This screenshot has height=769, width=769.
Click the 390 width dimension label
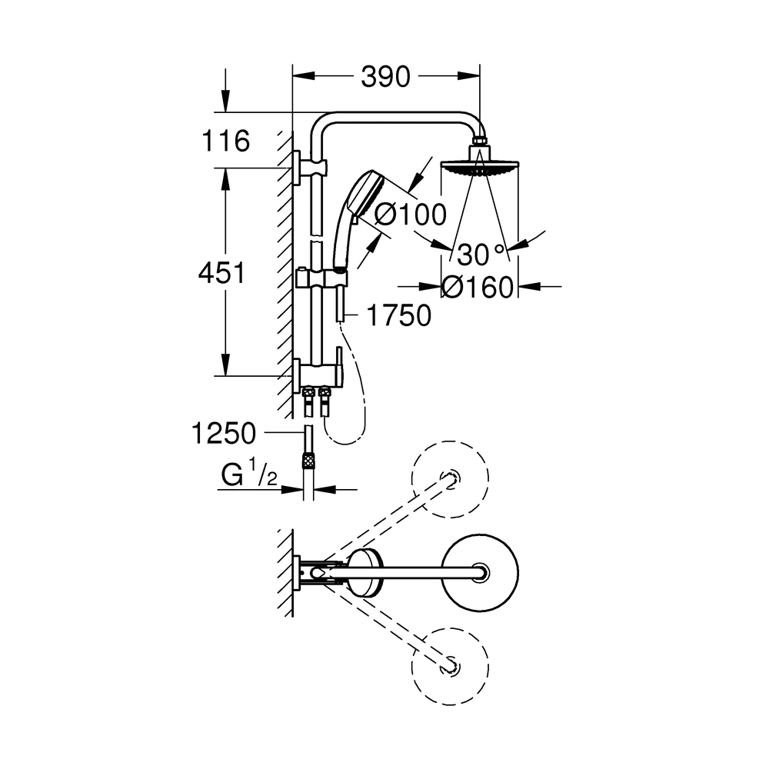(x=385, y=77)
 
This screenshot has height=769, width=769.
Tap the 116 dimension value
(x=226, y=141)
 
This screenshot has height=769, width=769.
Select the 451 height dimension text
(x=221, y=273)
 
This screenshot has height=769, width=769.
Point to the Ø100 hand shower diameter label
(x=411, y=215)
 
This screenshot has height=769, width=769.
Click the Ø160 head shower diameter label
(x=478, y=288)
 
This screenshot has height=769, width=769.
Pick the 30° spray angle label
(x=481, y=255)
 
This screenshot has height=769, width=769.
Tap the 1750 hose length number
(x=399, y=315)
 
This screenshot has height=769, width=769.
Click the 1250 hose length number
(x=224, y=434)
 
